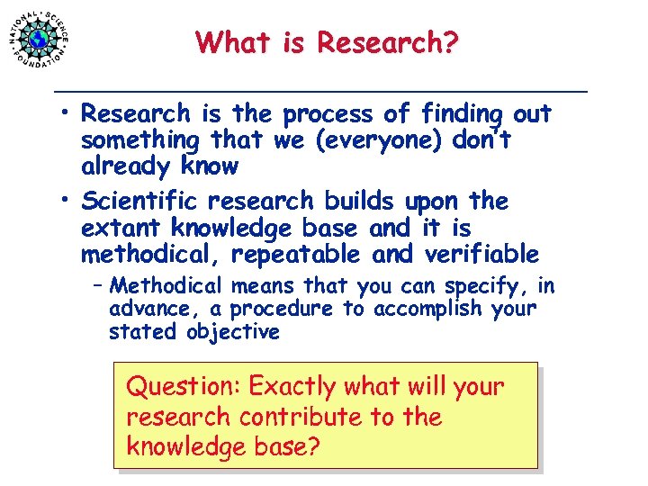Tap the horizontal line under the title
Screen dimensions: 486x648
point(321,92)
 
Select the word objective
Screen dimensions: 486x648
point(232,332)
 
